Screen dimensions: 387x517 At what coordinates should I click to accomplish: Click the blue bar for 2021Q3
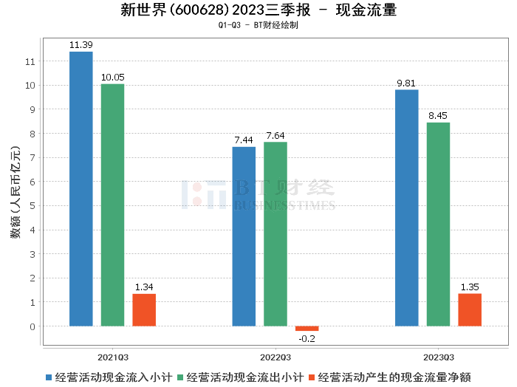81,188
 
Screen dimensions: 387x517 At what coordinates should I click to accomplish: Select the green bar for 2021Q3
112,205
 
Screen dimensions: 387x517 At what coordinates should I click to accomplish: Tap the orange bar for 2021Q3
144,309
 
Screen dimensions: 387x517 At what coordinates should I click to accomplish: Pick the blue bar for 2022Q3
244,236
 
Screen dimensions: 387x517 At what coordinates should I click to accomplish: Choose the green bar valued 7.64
275,233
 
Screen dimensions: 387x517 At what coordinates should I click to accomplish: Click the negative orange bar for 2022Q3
307,329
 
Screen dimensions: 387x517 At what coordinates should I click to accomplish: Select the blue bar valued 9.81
406,208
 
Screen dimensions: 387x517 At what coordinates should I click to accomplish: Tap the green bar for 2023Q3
438,224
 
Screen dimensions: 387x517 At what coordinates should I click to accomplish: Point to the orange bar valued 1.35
470,309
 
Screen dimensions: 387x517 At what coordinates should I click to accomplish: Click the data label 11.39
81,45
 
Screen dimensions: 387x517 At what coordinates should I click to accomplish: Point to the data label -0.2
307,338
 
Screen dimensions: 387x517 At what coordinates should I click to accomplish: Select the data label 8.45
438,116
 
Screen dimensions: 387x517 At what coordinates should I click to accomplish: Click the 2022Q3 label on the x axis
275,356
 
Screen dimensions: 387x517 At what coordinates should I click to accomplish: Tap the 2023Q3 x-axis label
438,356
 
